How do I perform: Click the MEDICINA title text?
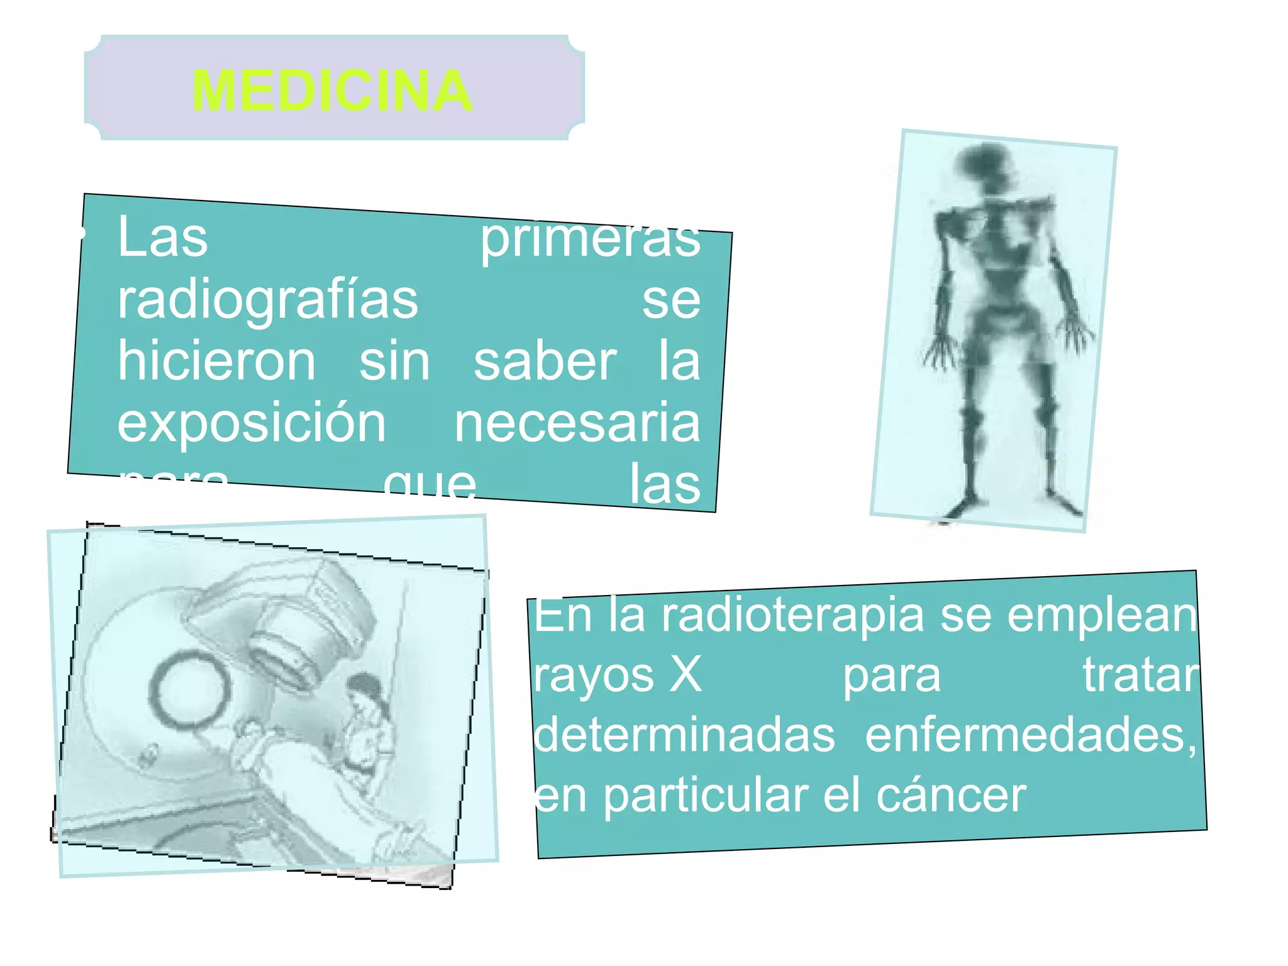(x=332, y=91)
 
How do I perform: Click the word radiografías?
(x=268, y=301)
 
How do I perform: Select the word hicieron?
(x=216, y=362)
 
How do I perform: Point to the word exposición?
(x=252, y=423)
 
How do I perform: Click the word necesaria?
(x=577, y=423)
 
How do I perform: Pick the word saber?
(x=545, y=362)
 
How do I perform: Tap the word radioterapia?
(x=792, y=615)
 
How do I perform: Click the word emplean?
(x=1102, y=615)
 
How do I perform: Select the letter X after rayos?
(x=685, y=675)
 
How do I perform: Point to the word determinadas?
(x=684, y=735)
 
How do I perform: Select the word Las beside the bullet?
(x=162, y=238)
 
